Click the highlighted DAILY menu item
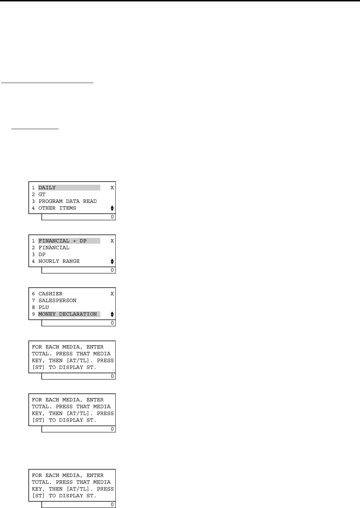coord(47,188)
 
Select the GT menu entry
coord(42,194)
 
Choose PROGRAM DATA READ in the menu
coord(67,201)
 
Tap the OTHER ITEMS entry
coord(57,208)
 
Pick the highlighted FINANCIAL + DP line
coord(62,241)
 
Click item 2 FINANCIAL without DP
coord(54,248)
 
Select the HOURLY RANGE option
coord(59,261)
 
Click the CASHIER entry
coord(50,294)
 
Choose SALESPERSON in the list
coord(57,300)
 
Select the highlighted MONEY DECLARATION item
coord(67,314)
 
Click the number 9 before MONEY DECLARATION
coord(33,314)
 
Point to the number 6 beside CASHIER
coord(33,294)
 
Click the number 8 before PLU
coord(33,307)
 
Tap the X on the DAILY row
coord(112,188)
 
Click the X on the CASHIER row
coord(112,294)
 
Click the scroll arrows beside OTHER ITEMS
coord(112,208)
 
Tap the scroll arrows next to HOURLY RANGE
coord(112,261)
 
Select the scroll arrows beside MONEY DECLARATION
coord(112,314)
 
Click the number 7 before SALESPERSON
coord(33,300)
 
